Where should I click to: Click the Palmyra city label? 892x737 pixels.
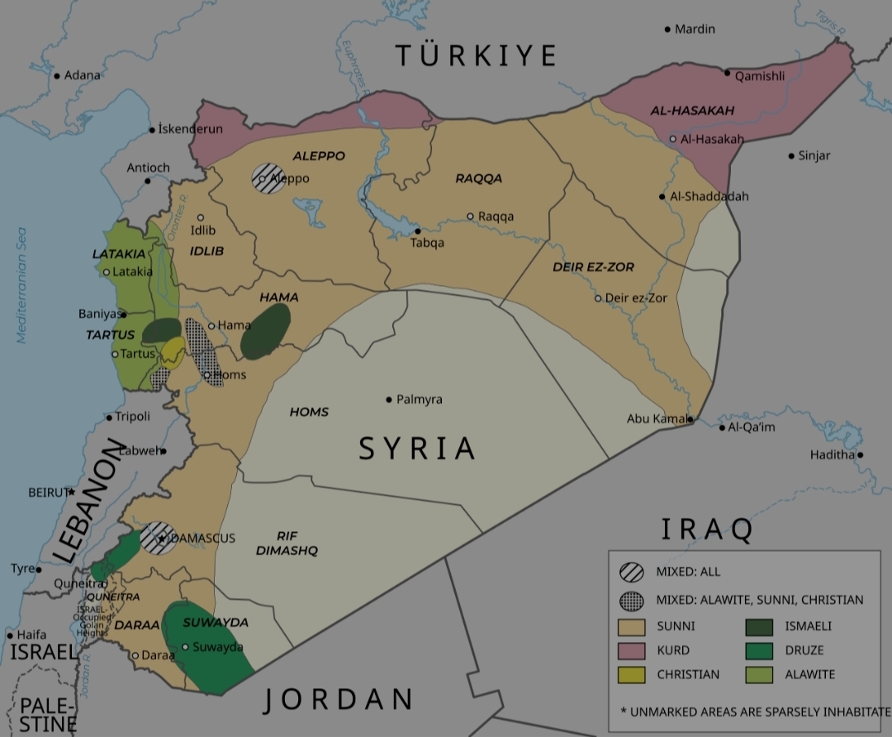[x=419, y=400]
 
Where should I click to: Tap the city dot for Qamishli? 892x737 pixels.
[x=728, y=73]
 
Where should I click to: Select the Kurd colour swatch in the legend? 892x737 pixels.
[x=632, y=650]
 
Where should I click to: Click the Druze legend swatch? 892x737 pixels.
[x=759, y=650]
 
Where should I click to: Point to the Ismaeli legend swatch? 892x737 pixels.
[x=759, y=625]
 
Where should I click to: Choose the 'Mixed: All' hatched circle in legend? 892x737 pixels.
[x=632, y=572]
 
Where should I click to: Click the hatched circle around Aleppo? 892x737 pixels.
[x=269, y=178]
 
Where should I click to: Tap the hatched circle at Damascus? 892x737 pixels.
[x=157, y=538]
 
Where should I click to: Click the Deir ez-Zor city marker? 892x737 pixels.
[x=599, y=298]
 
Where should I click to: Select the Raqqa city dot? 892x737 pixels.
[x=471, y=216]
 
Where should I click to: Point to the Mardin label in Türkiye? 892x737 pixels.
[x=695, y=30]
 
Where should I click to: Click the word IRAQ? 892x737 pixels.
[x=707, y=530]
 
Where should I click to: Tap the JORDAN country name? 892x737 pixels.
[x=339, y=700]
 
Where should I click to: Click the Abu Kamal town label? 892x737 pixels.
[x=657, y=419]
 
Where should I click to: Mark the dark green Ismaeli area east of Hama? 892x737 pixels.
[x=265, y=331]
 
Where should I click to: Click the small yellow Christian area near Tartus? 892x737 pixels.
[x=173, y=351]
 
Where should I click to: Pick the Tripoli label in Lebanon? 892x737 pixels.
[x=132, y=417]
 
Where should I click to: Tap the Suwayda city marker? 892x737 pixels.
[x=186, y=647]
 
